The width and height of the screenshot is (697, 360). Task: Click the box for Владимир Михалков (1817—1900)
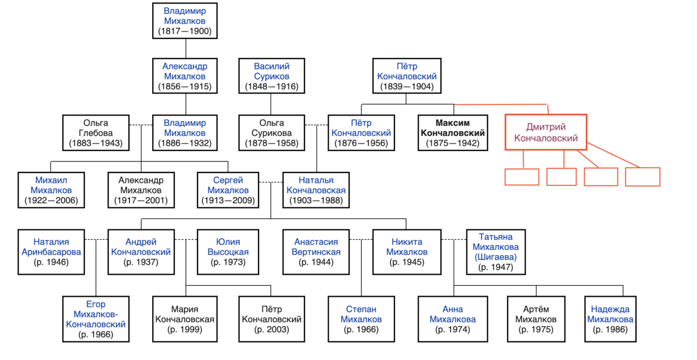pos(185,21)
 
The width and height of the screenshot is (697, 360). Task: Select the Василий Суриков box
pos(272,76)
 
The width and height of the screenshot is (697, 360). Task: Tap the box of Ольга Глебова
pos(96,133)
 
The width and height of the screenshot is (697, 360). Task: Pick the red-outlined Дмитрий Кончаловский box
pos(546,132)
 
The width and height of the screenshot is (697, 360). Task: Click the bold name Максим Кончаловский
pos(452,128)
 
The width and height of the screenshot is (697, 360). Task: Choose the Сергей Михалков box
pos(228,190)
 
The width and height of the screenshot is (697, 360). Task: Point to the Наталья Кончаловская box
pos(316,190)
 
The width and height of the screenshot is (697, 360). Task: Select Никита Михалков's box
pos(407,252)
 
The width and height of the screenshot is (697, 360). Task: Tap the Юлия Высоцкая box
pos(228,252)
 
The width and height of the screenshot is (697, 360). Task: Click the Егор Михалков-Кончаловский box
pos(96,319)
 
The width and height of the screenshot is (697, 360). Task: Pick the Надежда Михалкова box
pos(610,319)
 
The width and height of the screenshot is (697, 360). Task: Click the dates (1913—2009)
pos(228,200)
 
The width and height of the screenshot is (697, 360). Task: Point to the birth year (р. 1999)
pos(185,329)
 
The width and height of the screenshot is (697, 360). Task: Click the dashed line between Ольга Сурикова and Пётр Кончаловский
pos(316,125)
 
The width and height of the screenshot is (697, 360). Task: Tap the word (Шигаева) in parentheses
pos(495,257)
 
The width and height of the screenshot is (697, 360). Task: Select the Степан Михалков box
pos(361,319)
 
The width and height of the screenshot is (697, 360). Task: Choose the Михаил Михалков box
pos(51,190)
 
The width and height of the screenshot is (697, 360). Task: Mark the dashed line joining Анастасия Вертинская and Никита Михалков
pos(361,240)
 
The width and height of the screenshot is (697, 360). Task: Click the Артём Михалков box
pos(536,319)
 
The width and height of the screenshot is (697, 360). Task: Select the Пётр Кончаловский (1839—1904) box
pos(407,76)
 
